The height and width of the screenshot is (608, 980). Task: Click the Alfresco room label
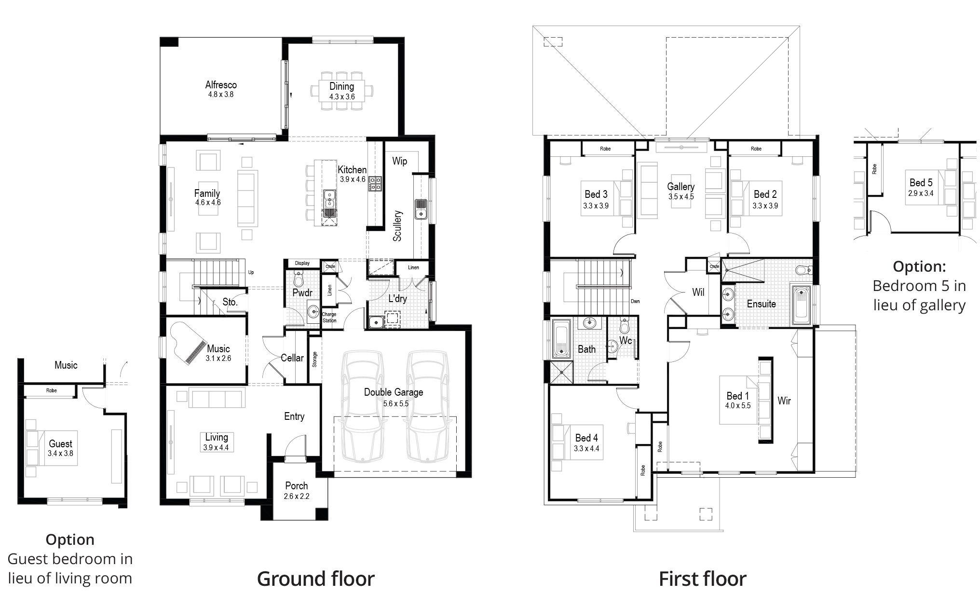[221, 85]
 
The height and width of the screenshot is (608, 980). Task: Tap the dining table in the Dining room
[342, 91]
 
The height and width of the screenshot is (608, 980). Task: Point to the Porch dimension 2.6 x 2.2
[297, 496]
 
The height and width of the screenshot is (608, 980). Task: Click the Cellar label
[292, 358]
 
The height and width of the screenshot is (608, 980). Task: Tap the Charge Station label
[329, 318]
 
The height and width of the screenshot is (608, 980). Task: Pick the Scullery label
[397, 225]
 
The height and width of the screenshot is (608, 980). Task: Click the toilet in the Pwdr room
[298, 278]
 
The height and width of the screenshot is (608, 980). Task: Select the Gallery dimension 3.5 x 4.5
[681, 196]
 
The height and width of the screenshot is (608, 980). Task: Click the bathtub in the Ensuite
[802, 305]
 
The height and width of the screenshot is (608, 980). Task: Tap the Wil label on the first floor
[698, 292]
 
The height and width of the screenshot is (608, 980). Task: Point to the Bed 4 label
[586, 438]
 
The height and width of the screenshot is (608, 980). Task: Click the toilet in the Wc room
[625, 326]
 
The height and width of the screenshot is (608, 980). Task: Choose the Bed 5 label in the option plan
[921, 182]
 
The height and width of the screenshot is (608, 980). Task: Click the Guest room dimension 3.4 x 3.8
[60, 454]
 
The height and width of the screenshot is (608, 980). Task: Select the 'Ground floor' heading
[315, 579]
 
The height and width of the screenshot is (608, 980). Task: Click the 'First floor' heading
[702, 579]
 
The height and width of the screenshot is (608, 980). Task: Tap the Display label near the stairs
[302, 263]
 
